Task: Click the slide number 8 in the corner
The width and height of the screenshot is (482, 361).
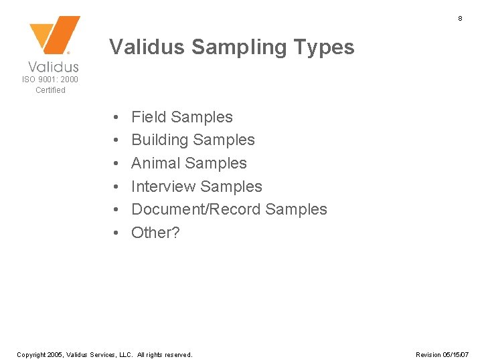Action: pyautogui.click(x=460, y=19)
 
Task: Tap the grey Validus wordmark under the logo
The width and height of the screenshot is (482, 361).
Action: pyautogui.click(x=54, y=66)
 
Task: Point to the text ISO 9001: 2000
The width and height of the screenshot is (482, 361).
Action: pyautogui.click(x=50, y=80)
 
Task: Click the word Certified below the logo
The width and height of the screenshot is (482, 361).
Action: pyautogui.click(x=50, y=90)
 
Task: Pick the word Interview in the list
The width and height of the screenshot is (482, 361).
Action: pyautogui.click(x=163, y=187)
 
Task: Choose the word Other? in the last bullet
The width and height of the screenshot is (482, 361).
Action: pyautogui.click(x=156, y=233)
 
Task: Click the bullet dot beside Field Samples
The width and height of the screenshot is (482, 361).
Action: pyautogui.click(x=116, y=118)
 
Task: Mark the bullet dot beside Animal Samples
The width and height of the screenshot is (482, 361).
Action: pyautogui.click(x=116, y=164)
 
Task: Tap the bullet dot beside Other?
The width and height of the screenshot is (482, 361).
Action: pyautogui.click(x=116, y=233)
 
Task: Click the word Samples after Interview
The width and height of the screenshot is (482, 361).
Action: pyautogui.click(x=231, y=187)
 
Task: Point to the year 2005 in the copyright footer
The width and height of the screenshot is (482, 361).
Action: pyautogui.click(x=56, y=354)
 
